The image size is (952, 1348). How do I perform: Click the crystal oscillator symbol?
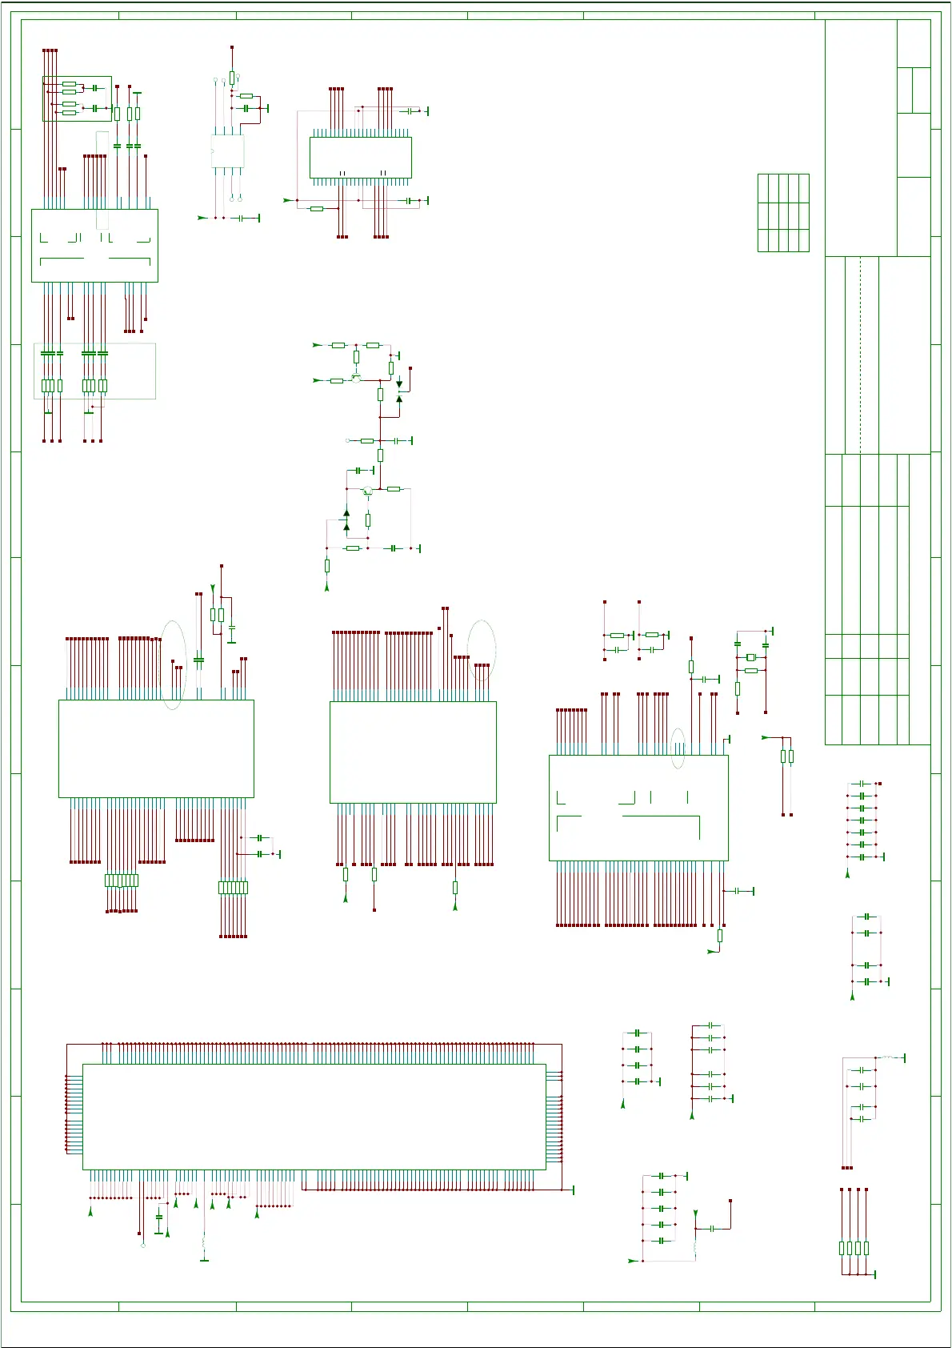[750, 657]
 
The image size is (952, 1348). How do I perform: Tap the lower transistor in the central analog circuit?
[367, 491]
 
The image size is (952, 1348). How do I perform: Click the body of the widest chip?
[314, 1116]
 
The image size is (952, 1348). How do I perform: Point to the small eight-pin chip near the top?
[227, 150]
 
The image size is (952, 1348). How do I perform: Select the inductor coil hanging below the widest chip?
[204, 1244]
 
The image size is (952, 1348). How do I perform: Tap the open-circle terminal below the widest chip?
[143, 1246]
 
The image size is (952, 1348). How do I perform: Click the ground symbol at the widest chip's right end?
[573, 1190]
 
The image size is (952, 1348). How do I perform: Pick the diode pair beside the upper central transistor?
[399, 391]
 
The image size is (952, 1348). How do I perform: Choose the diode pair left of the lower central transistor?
[346, 520]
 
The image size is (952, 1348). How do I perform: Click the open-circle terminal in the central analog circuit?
[347, 440]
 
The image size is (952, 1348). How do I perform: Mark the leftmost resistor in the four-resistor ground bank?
[842, 1247]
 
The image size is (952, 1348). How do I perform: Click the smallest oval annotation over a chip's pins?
[678, 748]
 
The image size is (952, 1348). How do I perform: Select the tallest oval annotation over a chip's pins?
[173, 664]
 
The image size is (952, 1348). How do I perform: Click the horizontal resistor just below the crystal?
[750, 670]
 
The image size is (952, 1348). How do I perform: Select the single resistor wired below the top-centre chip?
[317, 208]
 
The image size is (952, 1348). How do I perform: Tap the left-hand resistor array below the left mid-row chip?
[122, 881]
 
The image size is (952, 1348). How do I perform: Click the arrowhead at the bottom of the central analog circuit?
[326, 588]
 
